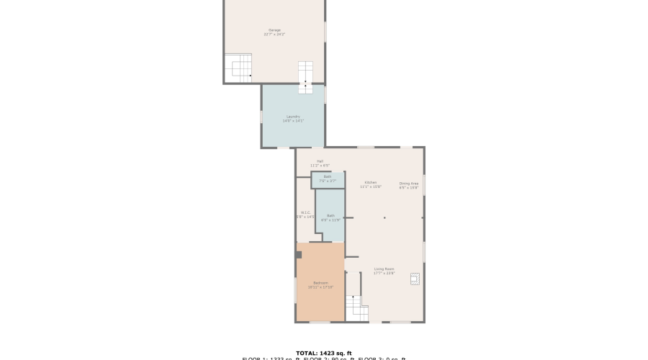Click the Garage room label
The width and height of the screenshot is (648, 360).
[274, 30]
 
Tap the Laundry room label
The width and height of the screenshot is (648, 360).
[293, 116]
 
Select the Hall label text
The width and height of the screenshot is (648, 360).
[320, 161]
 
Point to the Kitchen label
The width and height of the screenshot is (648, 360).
[372, 182]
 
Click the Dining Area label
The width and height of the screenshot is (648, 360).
[409, 183]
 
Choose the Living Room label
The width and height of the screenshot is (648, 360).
[384, 269]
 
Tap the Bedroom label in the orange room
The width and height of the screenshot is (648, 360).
[320, 283]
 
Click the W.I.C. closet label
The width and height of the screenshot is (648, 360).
[305, 212]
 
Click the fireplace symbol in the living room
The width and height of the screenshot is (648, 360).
[415, 279]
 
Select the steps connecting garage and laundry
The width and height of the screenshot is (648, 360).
[306, 76]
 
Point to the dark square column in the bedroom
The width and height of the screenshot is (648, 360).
[298, 254]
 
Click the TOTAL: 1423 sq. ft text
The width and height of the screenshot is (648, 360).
[323, 353]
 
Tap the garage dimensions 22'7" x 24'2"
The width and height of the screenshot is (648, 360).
[274, 35]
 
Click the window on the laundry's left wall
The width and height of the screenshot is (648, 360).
[261, 117]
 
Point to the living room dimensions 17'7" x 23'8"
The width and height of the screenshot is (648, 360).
[384, 274]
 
